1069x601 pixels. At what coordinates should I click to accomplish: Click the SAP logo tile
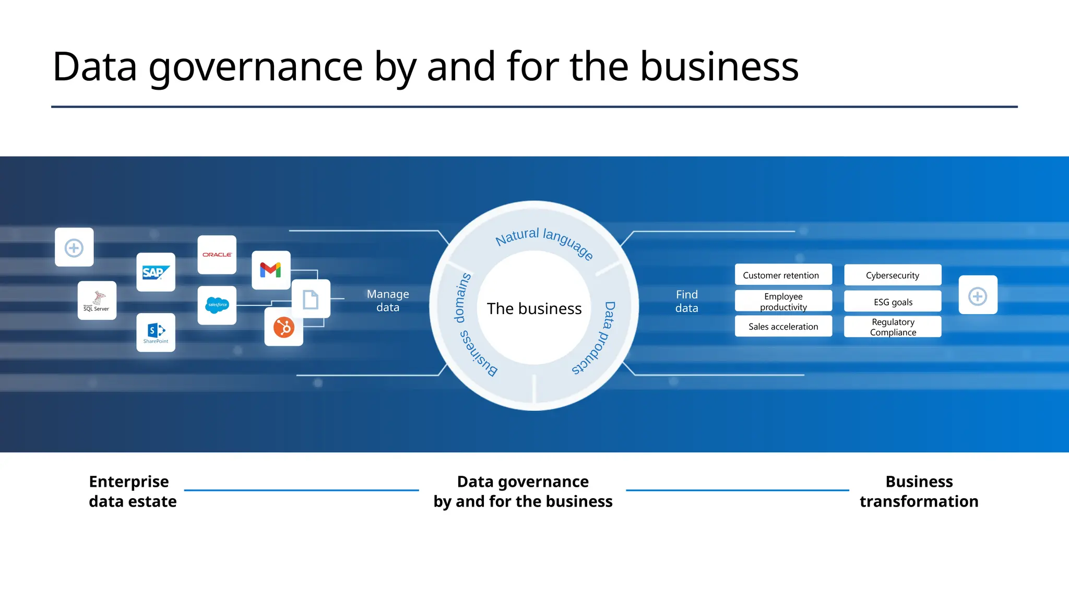[x=156, y=272]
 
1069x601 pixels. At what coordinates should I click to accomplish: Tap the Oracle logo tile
[x=217, y=255]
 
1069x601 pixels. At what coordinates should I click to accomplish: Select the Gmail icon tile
[x=271, y=270]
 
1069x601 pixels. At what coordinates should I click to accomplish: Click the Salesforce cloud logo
[x=217, y=305]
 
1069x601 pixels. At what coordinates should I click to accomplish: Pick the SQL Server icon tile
[x=97, y=300]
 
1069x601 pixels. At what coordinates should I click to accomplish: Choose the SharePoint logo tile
[x=156, y=332]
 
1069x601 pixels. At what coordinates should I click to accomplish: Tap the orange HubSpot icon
[x=283, y=328]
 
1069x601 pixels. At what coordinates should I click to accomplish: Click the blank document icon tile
[x=311, y=299]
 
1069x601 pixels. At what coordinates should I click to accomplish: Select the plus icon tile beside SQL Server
[x=74, y=247]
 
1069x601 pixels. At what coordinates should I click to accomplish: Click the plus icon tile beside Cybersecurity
[x=978, y=295]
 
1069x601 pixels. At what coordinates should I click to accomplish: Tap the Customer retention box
[x=783, y=275]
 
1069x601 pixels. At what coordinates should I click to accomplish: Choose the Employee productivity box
[x=783, y=301]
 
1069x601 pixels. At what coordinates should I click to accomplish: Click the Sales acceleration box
[x=783, y=327]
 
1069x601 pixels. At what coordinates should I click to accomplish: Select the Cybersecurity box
[x=893, y=275]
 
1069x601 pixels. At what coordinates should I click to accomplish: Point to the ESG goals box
[x=893, y=302]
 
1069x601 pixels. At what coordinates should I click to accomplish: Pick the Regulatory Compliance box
[x=893, y=327]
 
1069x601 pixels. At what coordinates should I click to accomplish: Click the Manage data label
[x=388, y=300]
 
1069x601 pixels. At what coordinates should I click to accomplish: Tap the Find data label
[x=686, y=301]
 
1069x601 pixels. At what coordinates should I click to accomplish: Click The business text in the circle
[x=534, y=308]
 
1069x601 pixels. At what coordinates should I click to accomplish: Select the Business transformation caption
[x=919, y=491]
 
